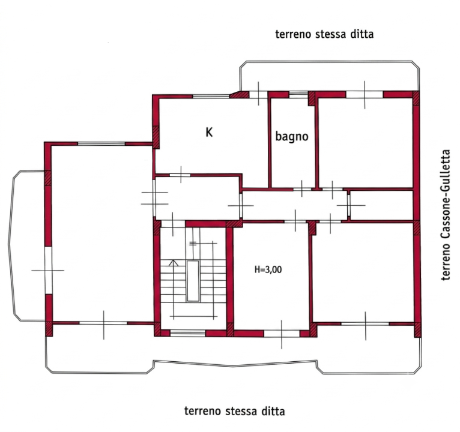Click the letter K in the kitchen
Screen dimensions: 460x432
209,133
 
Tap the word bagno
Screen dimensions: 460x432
292,137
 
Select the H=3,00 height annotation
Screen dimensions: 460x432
268,269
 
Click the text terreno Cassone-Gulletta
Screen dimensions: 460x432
446,215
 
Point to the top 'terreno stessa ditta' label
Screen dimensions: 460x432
324,34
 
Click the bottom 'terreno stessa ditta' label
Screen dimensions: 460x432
234,411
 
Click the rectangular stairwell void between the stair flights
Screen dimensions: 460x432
193,281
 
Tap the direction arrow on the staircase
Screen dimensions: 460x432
174,263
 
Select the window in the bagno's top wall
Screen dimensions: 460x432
298,94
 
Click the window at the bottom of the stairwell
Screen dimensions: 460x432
188,333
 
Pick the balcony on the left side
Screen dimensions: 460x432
27,245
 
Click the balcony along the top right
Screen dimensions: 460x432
330,76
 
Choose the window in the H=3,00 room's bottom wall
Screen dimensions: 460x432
282,334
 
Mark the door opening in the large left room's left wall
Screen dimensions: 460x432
48,270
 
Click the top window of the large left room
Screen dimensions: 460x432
101,143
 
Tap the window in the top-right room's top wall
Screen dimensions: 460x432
365,94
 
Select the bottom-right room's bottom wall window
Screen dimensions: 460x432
365,324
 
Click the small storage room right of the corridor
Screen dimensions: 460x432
382,205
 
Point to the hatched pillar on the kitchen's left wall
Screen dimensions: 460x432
156,137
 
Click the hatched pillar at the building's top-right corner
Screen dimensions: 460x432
416,98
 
